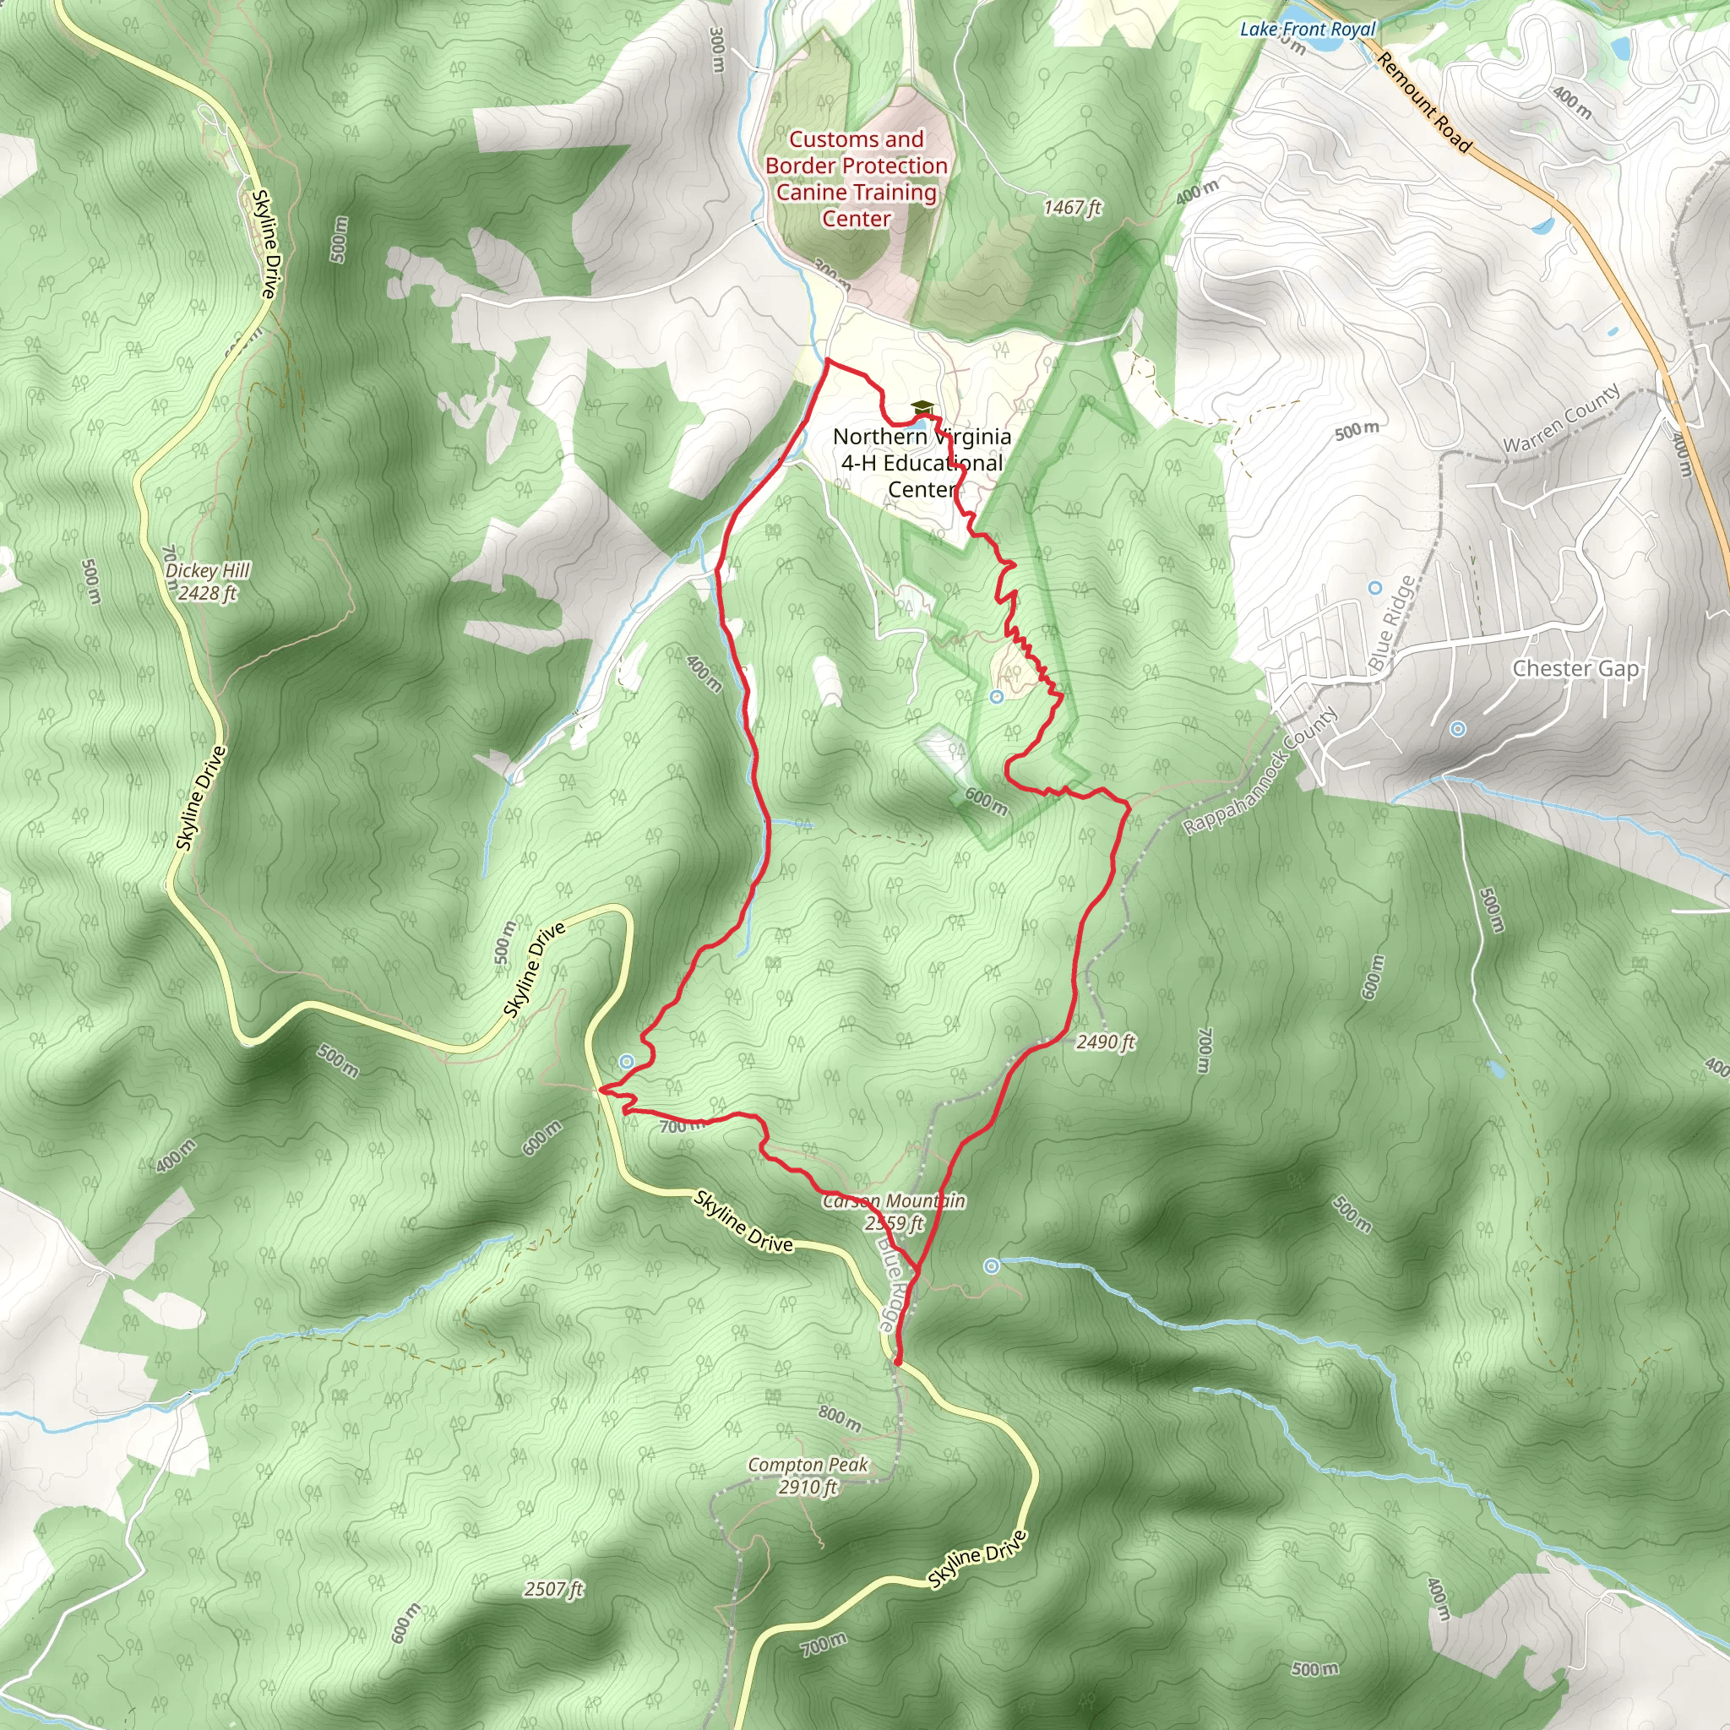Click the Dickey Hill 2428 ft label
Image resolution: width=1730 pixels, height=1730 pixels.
point(208,581)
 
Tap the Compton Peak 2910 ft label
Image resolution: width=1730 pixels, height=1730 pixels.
point(808,1476)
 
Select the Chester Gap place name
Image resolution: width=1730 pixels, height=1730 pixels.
point(1575,668)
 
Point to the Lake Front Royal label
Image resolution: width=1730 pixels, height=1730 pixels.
point(1307,29)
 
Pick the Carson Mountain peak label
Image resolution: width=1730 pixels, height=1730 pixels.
point(894,1211)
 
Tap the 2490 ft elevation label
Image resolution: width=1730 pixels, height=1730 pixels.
point(1105,1042)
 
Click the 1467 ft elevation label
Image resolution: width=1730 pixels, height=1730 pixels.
point(1072,208)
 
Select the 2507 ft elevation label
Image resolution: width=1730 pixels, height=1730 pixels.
point(553,1590)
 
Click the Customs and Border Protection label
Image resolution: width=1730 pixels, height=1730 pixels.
point(856,178)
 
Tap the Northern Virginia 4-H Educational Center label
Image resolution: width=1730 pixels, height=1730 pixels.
point(922,462)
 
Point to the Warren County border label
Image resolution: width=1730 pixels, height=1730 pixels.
point(1561,418)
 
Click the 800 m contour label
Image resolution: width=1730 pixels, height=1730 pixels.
point(840,1417)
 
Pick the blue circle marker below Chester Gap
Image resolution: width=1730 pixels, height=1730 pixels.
point(1458,729)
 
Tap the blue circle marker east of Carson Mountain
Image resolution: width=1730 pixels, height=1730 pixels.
point(991,1265)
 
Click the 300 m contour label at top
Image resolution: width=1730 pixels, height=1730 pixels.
point(716,49)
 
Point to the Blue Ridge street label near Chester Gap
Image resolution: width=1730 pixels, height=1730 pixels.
point(1392,623)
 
